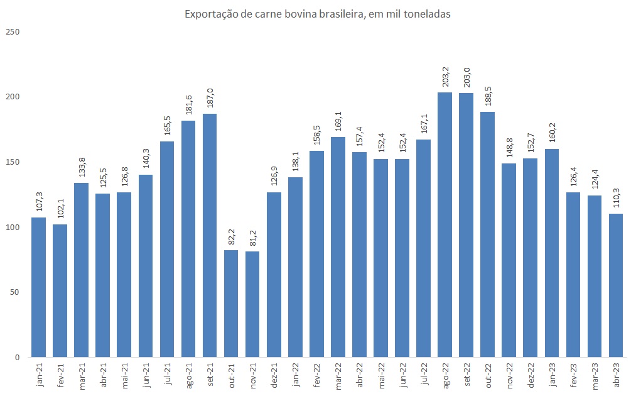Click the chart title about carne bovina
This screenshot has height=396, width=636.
coord(317,14)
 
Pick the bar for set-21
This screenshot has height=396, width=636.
coord(210,236)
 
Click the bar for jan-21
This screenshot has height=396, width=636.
coord(39,287)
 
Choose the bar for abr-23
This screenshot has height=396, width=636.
coord(616,285)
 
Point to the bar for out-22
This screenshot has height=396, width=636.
coord(488,234)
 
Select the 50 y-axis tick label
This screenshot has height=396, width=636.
coord(14,292)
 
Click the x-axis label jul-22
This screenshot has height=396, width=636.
coord(424,376)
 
